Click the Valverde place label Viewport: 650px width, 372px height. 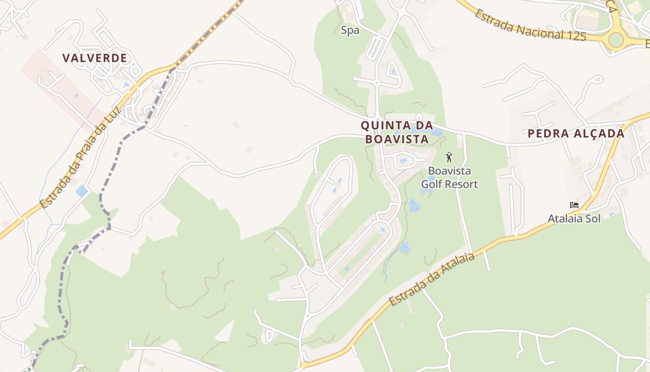tap(95, 58)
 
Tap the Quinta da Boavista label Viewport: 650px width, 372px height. tap(396, 132)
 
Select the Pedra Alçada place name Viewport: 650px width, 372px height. tap(576, 134)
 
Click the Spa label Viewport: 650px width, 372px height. tap(350, 31)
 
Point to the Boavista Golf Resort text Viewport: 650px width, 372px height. tap(449, 178)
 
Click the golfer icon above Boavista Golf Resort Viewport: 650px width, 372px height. tap(449, 157)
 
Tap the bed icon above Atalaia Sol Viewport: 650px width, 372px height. tap(574, 205)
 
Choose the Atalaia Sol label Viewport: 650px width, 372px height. tap(574, 218)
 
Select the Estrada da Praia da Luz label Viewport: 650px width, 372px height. tap(80, 158)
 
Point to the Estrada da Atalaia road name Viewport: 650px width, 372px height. tap(432, 280)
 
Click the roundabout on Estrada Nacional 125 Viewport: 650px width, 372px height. tap(616, 40)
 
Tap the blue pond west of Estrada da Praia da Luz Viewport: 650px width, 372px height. tap(82, 191)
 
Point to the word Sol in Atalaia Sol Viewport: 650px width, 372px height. tap(592, 218)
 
